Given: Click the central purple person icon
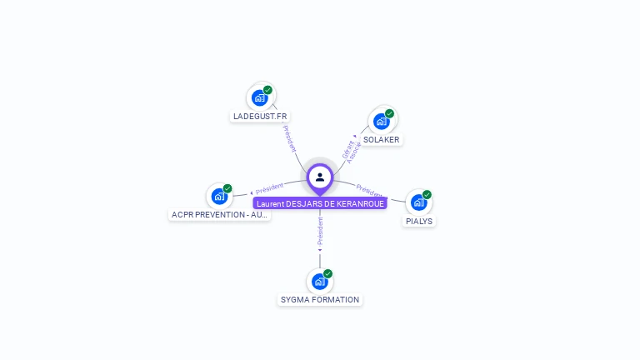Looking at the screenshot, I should tap(320, 177).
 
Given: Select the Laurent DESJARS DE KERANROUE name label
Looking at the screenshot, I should tap(320, 203).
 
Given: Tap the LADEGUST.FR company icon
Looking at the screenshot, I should tap(259, 97).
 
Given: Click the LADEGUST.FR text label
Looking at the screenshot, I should tap(260, 117).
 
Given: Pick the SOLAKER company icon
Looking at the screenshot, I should tap(381, 122).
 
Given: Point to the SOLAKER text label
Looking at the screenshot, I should tap(382, 140).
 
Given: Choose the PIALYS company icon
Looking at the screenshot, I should tap(418, 202).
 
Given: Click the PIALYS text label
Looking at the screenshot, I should tap(419, 222).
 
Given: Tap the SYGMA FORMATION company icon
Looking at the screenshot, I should tap(319, 282).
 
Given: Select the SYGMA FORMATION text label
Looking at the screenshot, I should tap(320, 300).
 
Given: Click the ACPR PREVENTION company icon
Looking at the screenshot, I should tap(219, 196).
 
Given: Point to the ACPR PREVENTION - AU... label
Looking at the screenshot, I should tap(220, 215).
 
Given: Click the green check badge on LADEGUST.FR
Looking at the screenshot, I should tap(267, 89).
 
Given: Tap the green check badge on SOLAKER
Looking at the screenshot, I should tap(389, 113).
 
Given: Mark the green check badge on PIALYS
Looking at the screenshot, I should tap(427, 194).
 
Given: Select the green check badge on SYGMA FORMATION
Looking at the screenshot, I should tap(327, 273).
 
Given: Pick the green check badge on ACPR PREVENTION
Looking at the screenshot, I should tap(227, 188).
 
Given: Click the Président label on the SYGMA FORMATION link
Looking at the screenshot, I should tap(320, 231).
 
